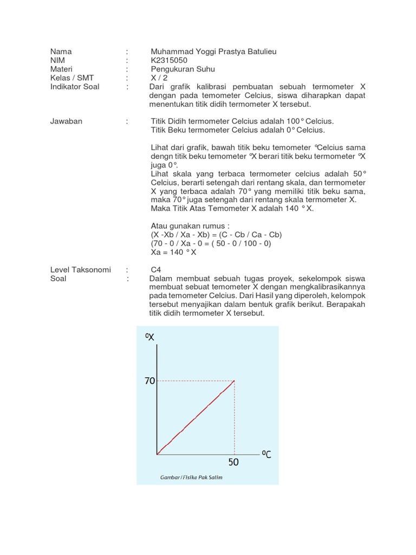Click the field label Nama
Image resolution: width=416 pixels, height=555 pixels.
61,51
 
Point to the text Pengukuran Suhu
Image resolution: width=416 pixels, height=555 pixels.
183,69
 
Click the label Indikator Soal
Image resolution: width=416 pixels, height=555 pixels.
75,86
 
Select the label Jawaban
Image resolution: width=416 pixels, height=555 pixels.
66,121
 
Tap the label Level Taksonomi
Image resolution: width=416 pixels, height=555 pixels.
80,269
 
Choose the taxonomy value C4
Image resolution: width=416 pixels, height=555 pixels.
156,269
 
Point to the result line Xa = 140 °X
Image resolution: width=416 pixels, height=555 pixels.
173,251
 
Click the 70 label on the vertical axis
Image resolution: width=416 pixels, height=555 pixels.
149,381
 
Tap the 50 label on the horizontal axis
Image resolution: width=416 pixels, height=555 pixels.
233,462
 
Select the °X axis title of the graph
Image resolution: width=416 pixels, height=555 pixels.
150,337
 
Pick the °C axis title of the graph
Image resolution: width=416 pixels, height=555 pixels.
266,454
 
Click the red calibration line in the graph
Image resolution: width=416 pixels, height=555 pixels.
195,417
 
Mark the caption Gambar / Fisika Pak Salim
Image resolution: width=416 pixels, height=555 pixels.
191,477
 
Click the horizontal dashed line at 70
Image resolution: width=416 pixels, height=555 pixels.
195,381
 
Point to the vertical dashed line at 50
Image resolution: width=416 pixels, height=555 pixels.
235,417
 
